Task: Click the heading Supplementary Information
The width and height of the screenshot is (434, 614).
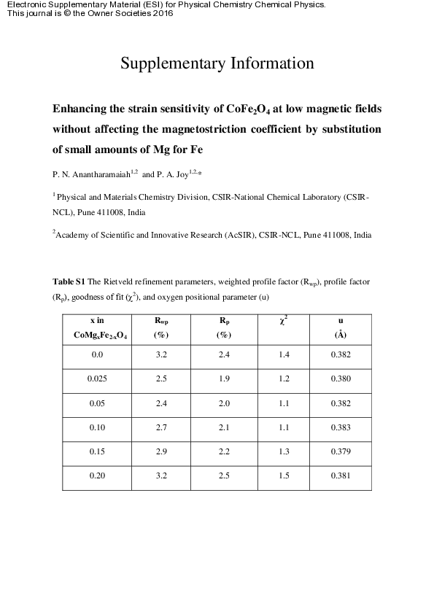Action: click(x=217, y=63)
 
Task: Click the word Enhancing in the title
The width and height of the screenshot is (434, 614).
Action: click(x=82, y=109)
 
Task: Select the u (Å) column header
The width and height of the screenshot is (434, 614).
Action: click(x=341, y=327)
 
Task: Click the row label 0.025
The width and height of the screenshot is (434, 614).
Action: click(x=97, y=379)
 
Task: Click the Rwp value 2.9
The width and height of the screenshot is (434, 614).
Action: click(x=162, y=451)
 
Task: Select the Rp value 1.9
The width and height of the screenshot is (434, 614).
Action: click(x=225, y=379)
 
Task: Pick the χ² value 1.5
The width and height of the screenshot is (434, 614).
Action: click(x=284, y=475)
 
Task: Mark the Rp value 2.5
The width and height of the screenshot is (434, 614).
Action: click(x=225, y=475)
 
